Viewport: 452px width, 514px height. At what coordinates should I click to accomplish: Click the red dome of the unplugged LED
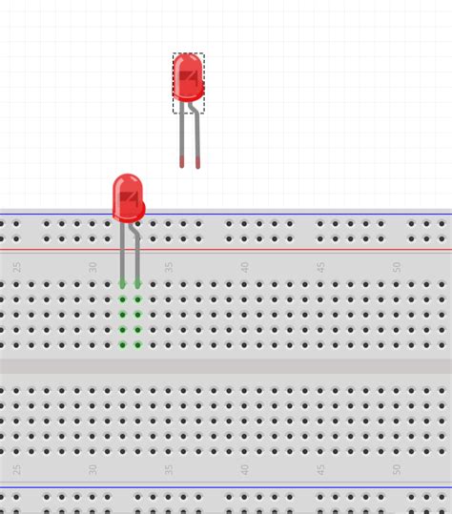click(x=188, y=76)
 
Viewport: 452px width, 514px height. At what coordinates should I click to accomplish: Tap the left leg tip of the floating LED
click(x=181, y=163)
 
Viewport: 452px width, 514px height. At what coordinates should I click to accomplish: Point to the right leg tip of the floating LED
click(x=197, y=164)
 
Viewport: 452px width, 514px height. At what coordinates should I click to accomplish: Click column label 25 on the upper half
click(x=17, y=267)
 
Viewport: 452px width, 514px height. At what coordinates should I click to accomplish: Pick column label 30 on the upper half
click(x=93, y=267)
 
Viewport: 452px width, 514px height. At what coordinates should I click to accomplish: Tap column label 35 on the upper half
click(x=169, y=267)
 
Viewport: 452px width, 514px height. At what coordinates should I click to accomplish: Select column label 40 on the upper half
click(x=245, y=267)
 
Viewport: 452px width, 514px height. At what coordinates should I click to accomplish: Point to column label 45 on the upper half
click(x=321, y=267)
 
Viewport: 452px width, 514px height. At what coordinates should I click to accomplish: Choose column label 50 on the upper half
click(x=397, y=267)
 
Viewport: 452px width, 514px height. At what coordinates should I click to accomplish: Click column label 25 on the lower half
click(x=17, y=469)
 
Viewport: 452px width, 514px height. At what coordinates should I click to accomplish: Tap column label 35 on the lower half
click(x=169, y=469)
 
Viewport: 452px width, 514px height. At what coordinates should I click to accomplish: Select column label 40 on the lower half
click(x=245, y=469)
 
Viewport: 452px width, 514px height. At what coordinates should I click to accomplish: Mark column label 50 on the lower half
click(x=397, y=469)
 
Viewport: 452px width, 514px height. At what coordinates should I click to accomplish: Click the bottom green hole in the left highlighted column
click(x=122, y=344)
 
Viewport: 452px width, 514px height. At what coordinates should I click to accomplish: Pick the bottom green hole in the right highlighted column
click(x=137, y=344)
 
